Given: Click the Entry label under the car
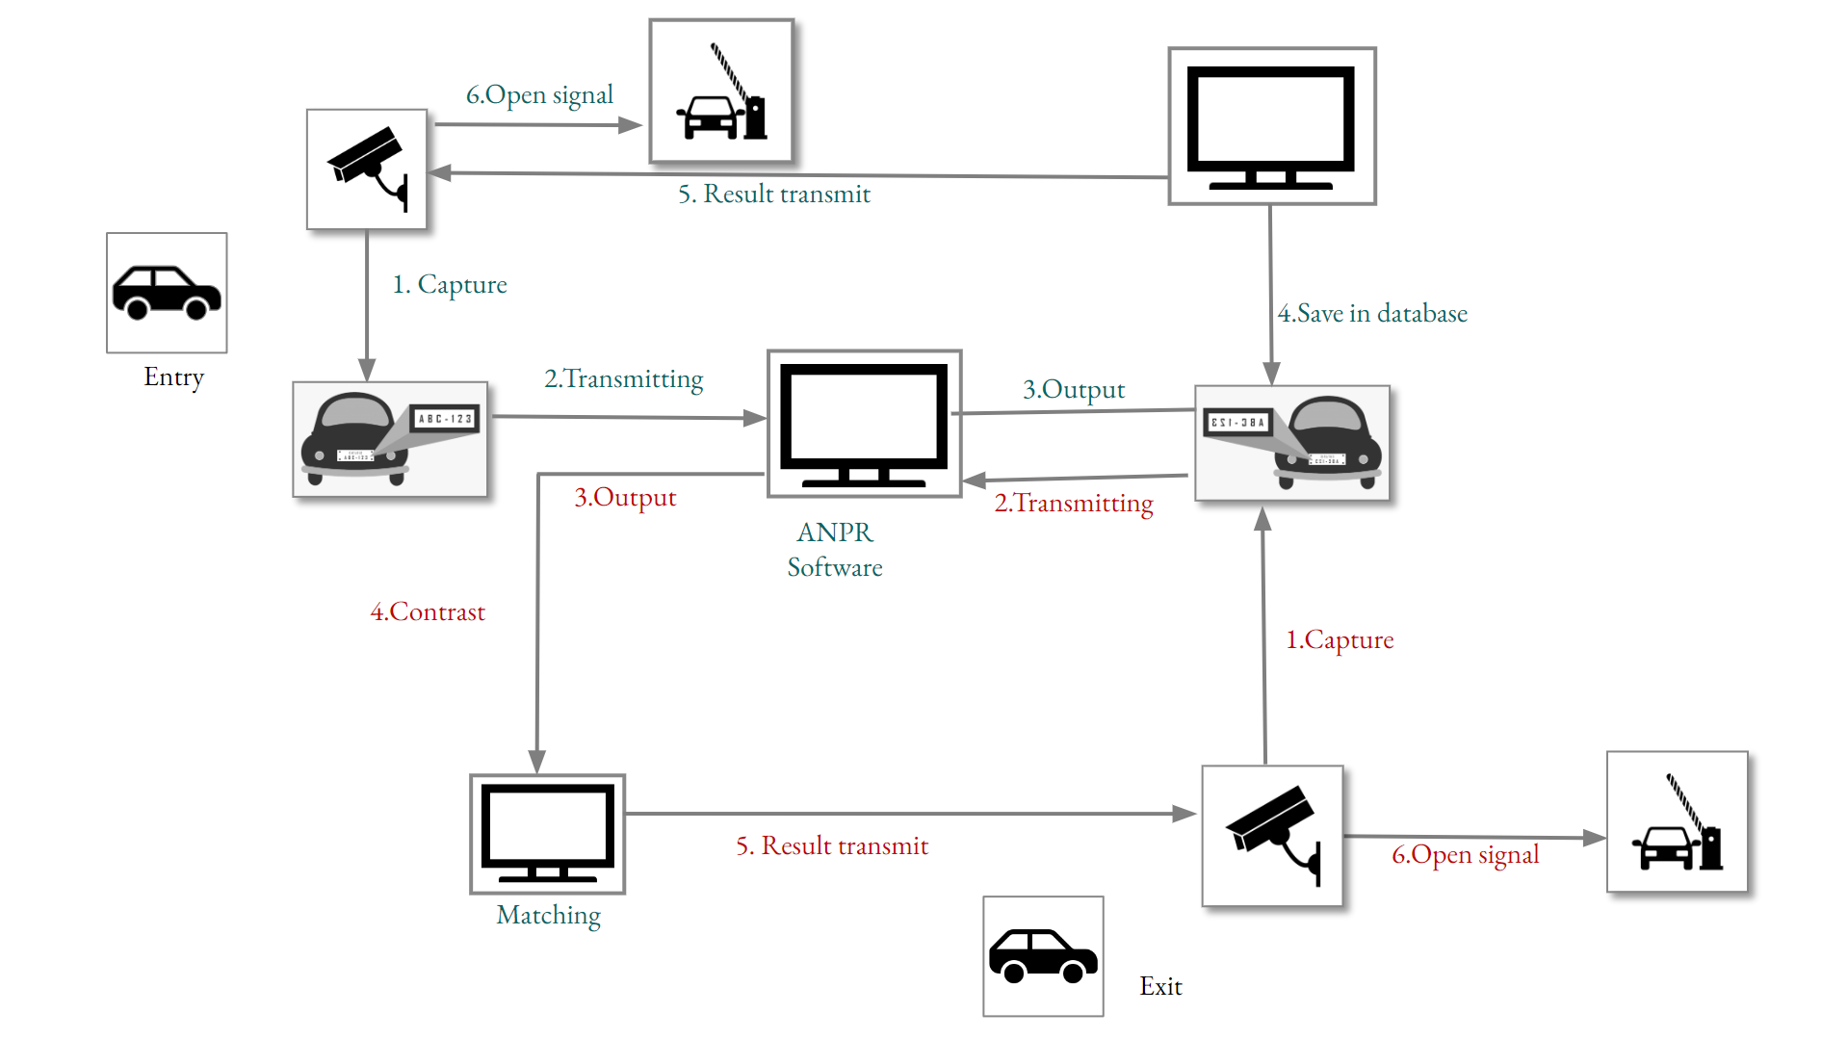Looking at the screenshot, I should point(173,377).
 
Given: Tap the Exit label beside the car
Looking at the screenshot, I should point(1160,986).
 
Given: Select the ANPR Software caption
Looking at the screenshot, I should point(835,550).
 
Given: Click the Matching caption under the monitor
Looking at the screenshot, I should point(548,915).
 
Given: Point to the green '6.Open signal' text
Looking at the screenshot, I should point(539,95).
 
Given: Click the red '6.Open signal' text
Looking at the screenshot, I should point(1465,855).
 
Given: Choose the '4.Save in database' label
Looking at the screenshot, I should point(1372,314).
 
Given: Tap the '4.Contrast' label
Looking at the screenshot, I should point(428,612).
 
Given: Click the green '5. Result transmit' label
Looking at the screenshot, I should point(773,195).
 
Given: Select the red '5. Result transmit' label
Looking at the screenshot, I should point(832,846).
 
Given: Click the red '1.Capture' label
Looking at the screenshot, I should point(1340,640).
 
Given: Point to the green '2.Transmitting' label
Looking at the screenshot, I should point(623,379).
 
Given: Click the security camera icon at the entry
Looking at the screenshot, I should point(367,169).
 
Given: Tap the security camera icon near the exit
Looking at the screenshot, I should point(1272,836).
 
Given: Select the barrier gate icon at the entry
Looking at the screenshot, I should point(721,91).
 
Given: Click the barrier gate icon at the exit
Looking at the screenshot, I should point(1677,822).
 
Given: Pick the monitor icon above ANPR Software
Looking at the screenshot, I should point(864,424).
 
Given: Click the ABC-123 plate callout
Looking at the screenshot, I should point(445,419).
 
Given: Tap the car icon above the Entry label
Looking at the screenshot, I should point(167,293).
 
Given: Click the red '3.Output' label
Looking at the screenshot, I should point(625,498).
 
